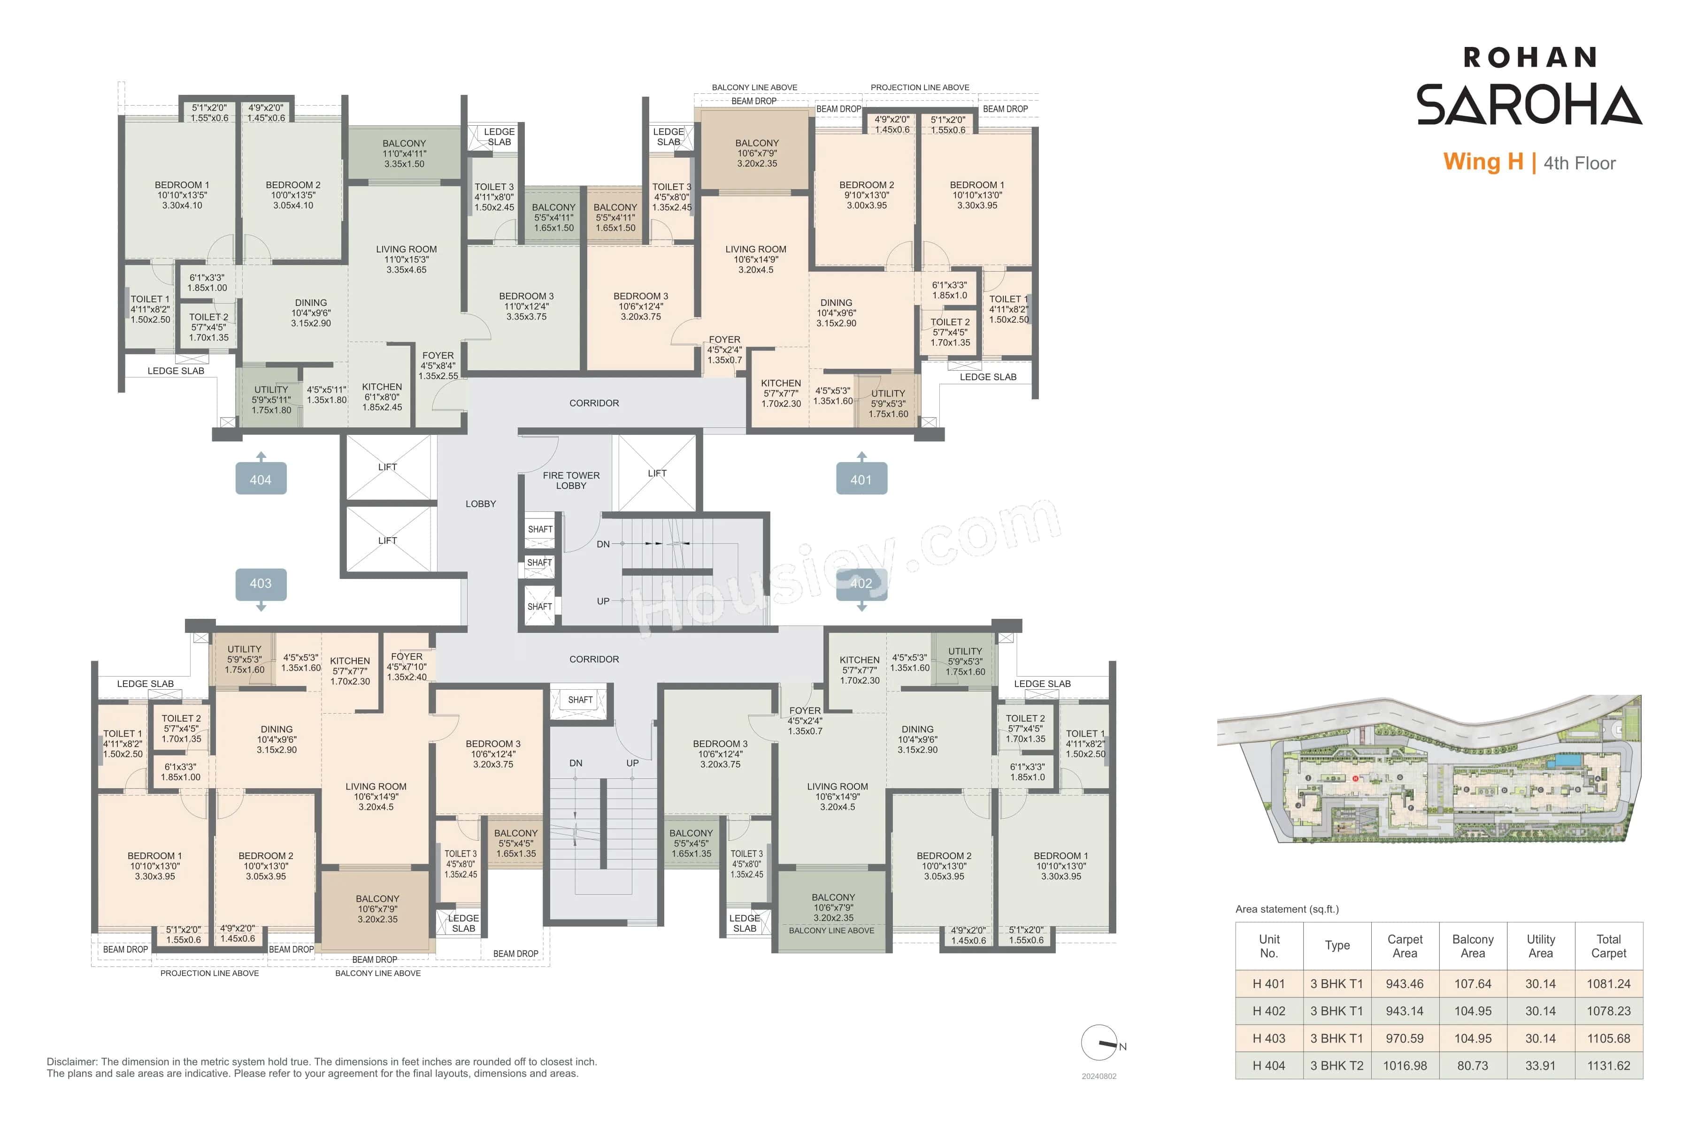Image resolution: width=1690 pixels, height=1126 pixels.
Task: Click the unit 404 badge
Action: coord(261,479)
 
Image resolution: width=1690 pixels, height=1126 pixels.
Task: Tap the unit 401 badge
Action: coord(861,479)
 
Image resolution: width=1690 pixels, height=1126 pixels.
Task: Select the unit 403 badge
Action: coord(261,583)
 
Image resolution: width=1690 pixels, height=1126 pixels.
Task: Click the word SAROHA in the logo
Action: coord(1529,105)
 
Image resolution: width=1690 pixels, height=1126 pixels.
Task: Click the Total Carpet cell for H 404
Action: coord(1608,1065)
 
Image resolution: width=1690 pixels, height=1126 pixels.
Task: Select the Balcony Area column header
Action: coord(1472,946)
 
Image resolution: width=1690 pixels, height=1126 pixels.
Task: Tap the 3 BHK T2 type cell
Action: coord(1337,1065)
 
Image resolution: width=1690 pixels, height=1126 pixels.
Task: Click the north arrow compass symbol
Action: coord(1100,1042)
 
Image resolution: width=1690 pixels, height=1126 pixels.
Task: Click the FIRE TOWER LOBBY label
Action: coord(571,480)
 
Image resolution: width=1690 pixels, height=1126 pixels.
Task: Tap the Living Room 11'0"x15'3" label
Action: coord(406,259)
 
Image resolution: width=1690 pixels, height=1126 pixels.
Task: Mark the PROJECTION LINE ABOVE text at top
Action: coord(920,88)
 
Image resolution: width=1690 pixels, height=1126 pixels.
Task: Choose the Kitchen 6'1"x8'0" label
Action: coord(382,396)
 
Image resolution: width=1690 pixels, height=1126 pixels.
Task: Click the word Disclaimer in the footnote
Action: coord(72,1061)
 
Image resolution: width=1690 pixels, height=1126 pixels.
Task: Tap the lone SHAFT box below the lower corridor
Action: coord(580,700)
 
